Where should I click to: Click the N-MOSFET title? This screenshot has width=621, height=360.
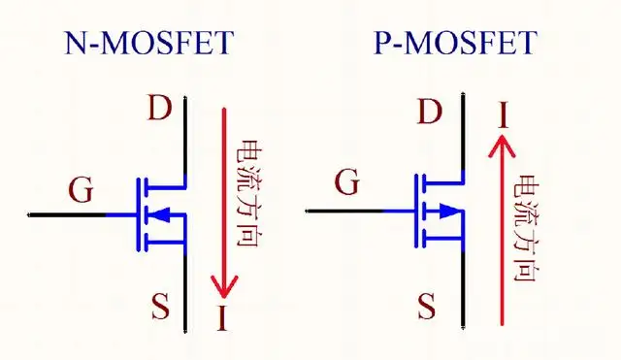(149, 43)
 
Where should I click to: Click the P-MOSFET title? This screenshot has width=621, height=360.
(455, 43)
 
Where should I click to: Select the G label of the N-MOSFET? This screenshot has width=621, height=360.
(82, 190)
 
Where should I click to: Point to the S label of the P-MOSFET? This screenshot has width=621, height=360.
(427, 308)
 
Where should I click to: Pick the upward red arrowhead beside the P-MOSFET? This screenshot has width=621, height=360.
(501, 145)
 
